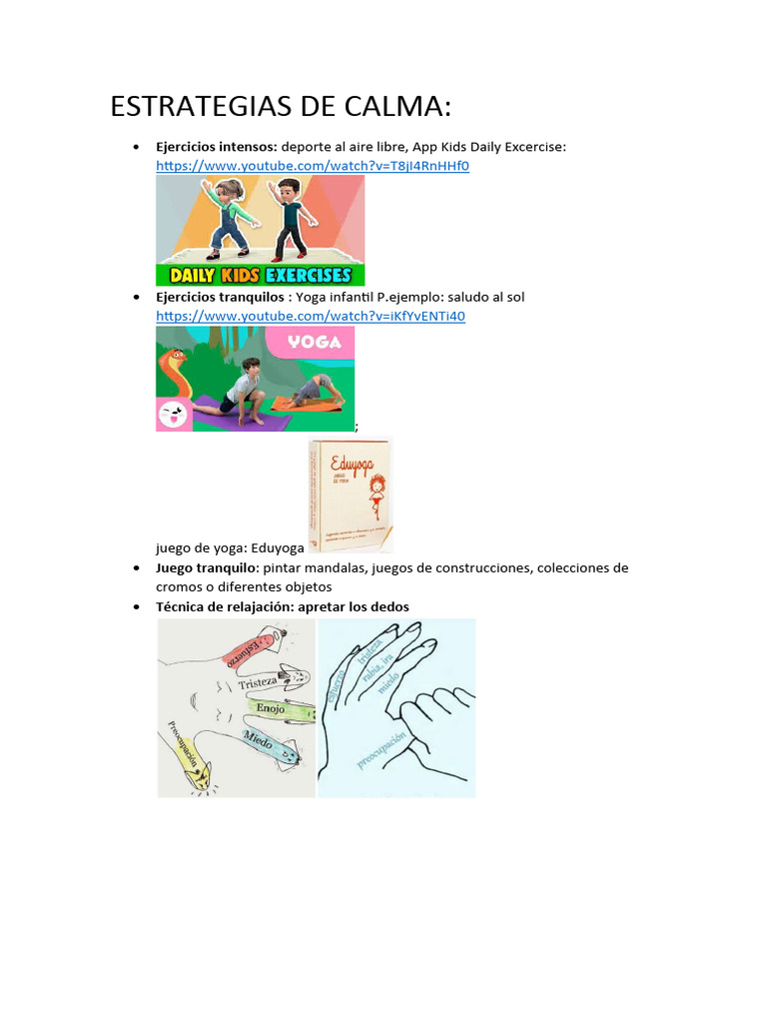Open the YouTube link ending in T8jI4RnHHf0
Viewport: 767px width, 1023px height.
312,166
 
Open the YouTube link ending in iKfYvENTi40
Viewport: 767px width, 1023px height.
310,316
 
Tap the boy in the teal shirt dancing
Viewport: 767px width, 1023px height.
288,215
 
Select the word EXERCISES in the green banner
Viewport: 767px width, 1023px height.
308,275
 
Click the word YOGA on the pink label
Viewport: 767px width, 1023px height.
315,342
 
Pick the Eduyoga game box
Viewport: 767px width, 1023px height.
350,496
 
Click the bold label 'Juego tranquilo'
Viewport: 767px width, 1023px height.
206,567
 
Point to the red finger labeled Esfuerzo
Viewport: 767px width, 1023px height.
250,648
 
